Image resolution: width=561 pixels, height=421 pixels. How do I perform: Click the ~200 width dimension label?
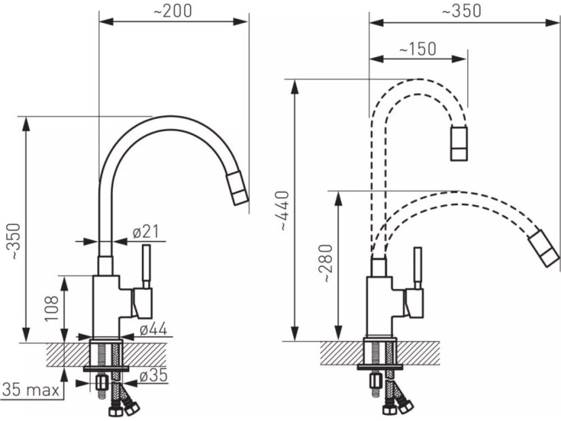pyautogui.click(x=173, y=12)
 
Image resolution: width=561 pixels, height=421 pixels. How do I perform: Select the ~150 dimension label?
pyautogui.click(x=418, y=49)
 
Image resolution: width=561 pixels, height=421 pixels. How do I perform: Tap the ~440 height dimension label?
pyautogui.click(x=284, y=211)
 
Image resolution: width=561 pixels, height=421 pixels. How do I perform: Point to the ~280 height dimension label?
pyautogui.click(x=327, y=263)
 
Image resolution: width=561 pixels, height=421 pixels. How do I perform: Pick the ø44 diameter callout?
pyautogui.click(x=153, y=329)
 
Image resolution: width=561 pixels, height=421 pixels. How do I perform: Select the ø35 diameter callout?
pyautogui.click(x=153, y=376)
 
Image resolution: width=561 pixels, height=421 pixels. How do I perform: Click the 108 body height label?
pyautogui.click(x=52, y=308)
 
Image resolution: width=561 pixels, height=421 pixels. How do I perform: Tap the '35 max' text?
pyautogui.click(x=31, y=390)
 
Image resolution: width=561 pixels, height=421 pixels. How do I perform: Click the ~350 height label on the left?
pyautogui.click(x=15, y=241)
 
